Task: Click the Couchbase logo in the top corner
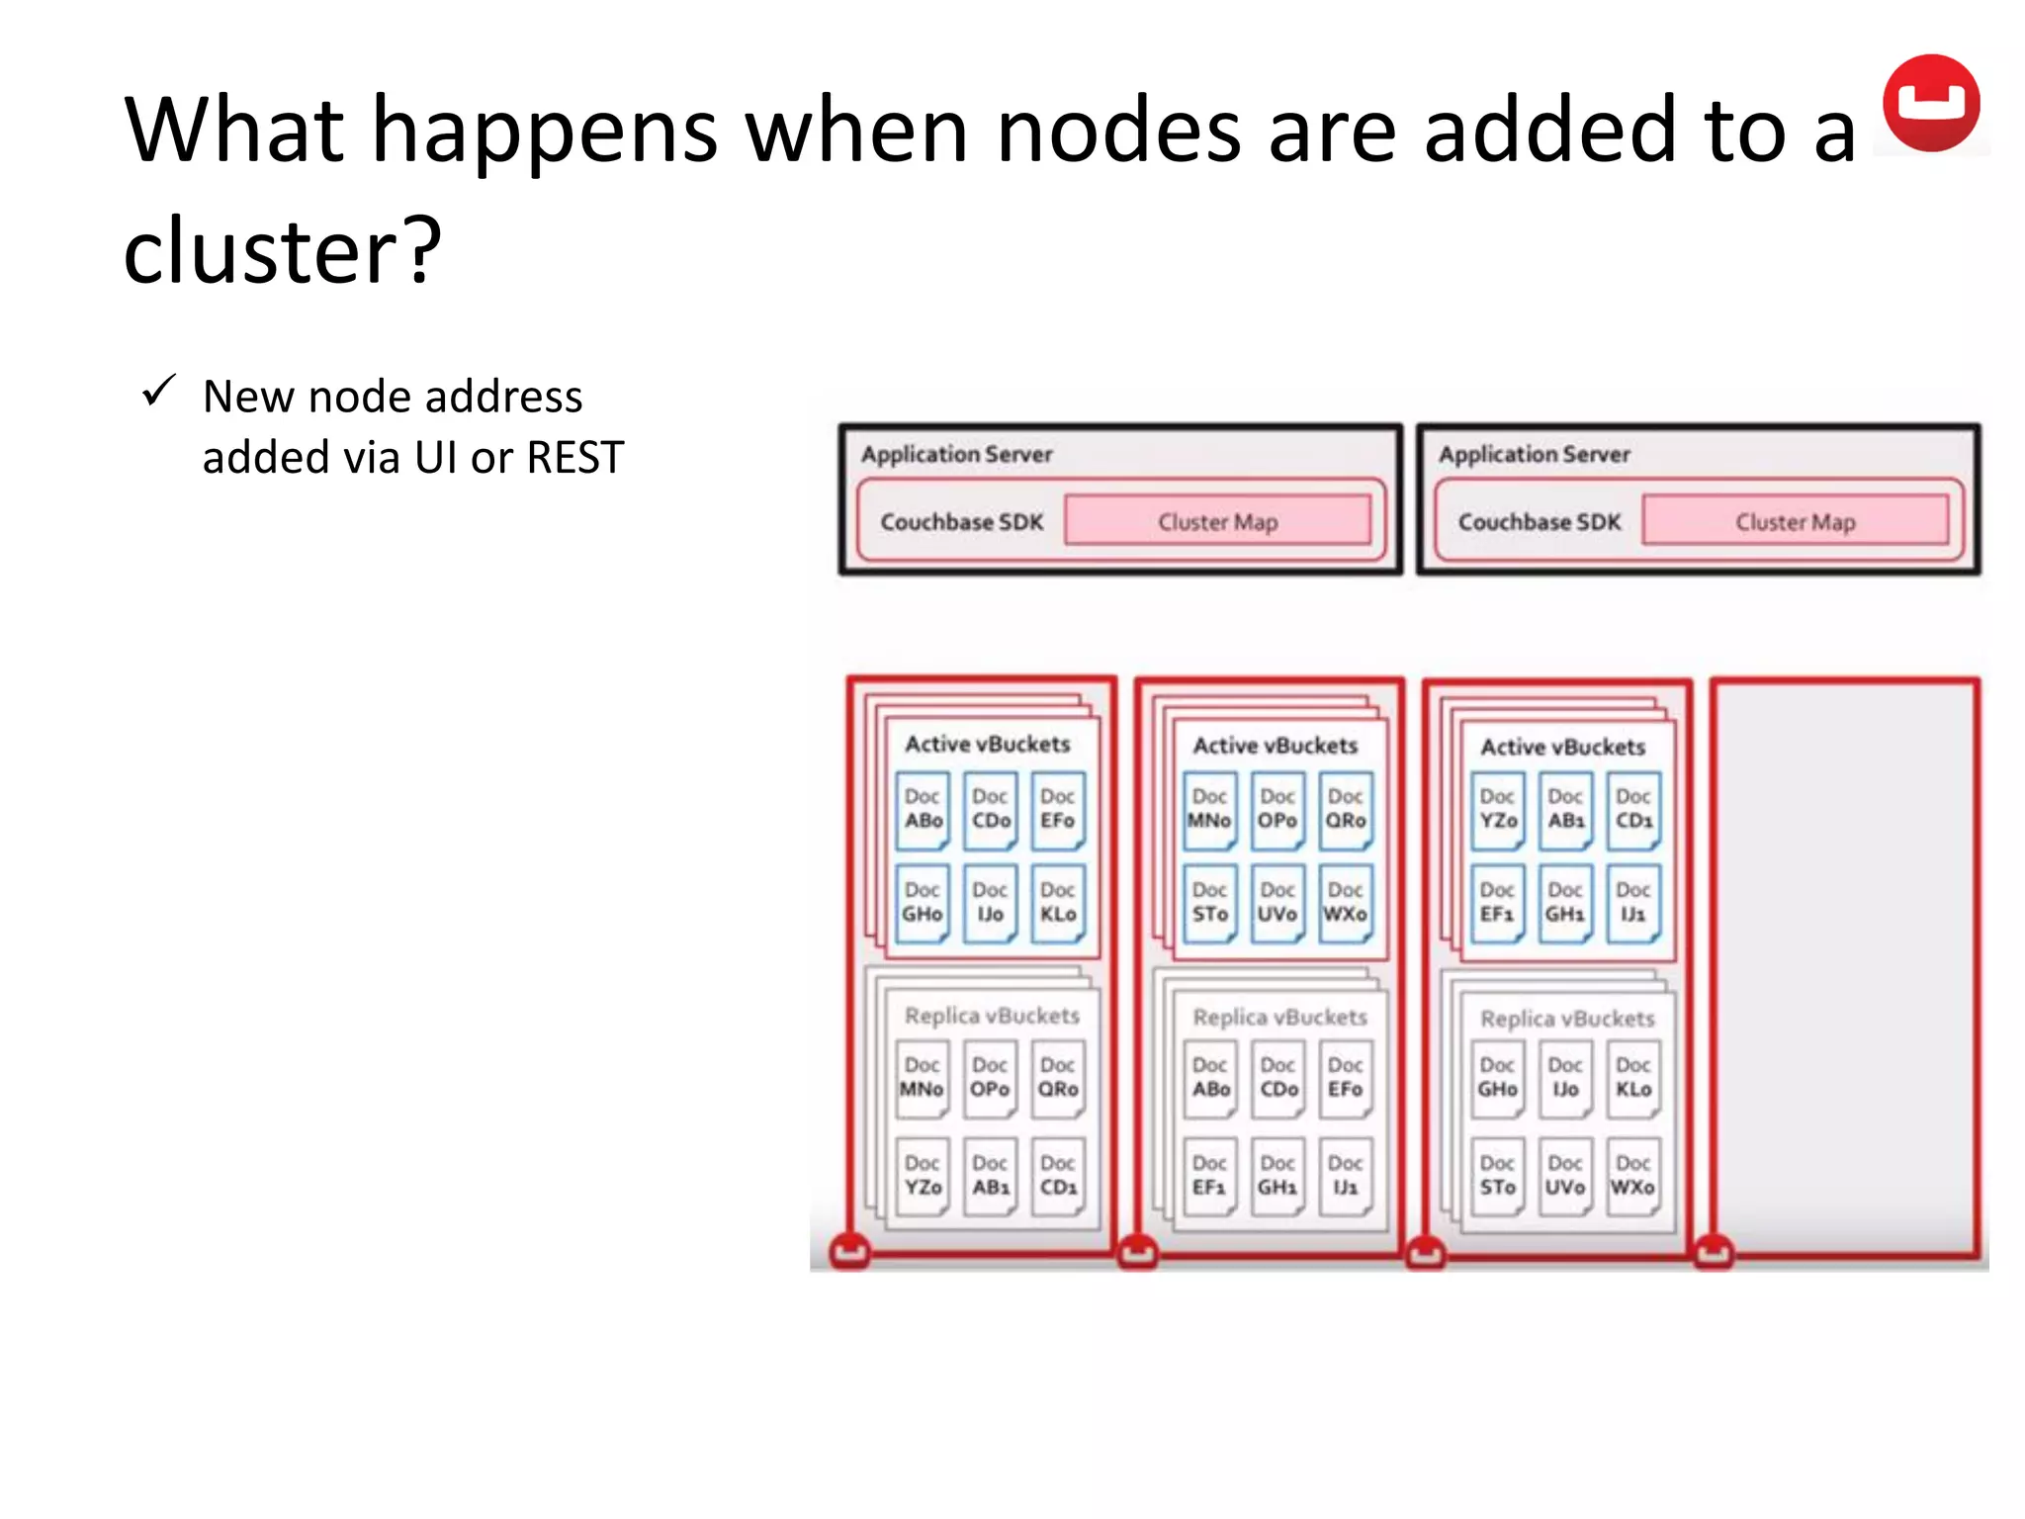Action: click(1930, 103)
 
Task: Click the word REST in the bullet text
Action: click(574, 458)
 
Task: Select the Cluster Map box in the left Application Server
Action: click(1217, 521)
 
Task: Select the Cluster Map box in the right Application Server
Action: click(1795, 521)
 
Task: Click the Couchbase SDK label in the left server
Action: click(961, 521)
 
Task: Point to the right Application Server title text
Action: click(1534, 454)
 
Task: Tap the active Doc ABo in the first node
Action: click(923, 810)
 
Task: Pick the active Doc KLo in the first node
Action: click(1057, 903)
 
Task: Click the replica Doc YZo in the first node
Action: click(923, 1176)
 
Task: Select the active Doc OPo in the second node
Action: click(1277, 810)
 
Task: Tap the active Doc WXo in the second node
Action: click(1345, 903)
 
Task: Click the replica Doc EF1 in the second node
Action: click(1209, 1176)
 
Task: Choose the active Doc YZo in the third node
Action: click(1497, 810)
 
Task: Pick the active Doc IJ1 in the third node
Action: click(1632, 903)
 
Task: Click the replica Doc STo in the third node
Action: click(1497, 1176)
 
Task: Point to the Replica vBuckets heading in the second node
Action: click(1279, 1017)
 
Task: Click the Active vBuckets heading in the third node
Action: click(1562, 747)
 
